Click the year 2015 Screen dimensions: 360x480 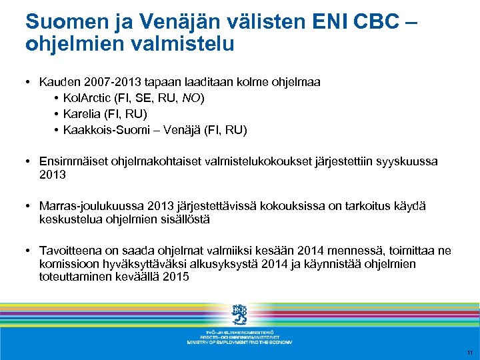[175, 277]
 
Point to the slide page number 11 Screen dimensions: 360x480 [469, 353]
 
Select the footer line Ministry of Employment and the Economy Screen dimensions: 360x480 [239, 342]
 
